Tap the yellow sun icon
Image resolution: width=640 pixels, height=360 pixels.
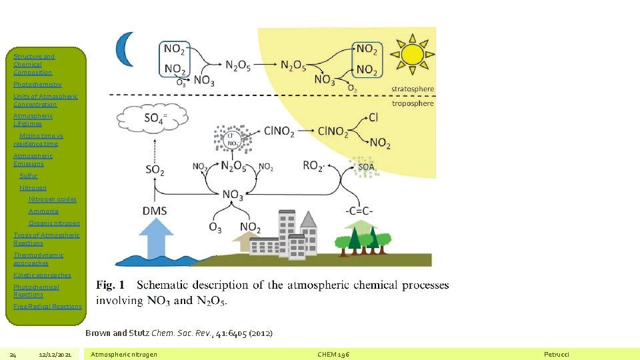(x=411, y=54)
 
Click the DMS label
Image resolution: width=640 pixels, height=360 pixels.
(x=155, y=211)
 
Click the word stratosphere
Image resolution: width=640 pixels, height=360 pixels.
(x=412, y=89)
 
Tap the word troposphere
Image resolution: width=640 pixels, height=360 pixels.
(x=413, y=103)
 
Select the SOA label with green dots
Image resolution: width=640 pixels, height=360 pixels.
(x=366, y=167)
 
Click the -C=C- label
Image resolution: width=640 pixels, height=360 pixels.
(x=359, y=211)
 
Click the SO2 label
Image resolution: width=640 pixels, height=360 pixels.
(x=155, y=170)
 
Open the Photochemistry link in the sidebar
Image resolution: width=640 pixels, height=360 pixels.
(x=37, y=85)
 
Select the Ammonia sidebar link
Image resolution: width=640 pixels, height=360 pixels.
(x=43, y=211)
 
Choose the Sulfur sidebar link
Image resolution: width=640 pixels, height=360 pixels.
(x=29, y=176)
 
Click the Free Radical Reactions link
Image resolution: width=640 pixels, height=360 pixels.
(x=47, y=307)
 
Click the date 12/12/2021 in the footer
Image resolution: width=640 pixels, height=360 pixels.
(x=55, y=354)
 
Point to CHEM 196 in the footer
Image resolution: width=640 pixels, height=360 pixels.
(x=334, y=354)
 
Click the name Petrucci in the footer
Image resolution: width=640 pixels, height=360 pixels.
(x=557, y=354)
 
